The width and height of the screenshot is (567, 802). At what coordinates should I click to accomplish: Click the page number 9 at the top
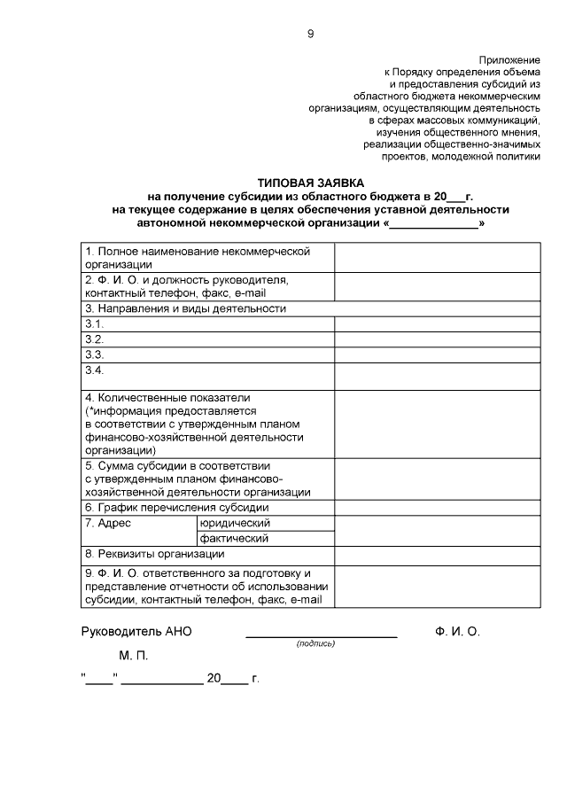pyautogui.click(x=309, y=34)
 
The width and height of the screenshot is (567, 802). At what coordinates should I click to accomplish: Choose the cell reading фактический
pyautogui.click(x=234, y=538)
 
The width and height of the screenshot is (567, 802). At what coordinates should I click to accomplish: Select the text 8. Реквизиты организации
pyautogui.click(x=154, y=554)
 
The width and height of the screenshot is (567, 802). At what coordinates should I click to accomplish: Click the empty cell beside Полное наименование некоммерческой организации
pyautogui.click(x=438, y=258)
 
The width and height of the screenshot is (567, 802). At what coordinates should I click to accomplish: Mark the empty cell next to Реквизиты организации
pyautogui.click(x=438, y=554)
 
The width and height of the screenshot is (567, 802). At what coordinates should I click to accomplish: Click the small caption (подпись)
pyautogui.click(x=316, y=644)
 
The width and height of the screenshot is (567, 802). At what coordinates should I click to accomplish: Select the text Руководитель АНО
pyautogui.click(x=136, y=632)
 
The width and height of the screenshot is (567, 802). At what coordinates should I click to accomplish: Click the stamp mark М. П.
pyautogui.click(x=134, y=657)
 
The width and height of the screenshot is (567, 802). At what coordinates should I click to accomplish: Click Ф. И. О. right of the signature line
pyautogui.click(x=457, y=632)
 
